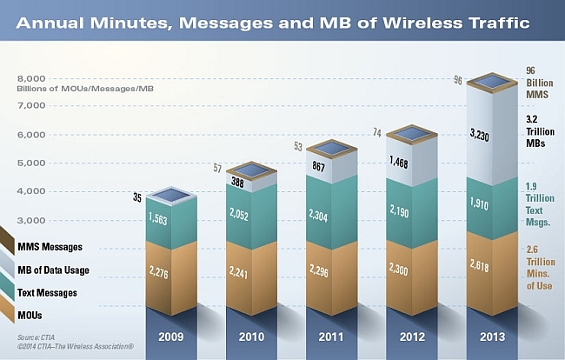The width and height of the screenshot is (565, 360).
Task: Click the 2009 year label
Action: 171,337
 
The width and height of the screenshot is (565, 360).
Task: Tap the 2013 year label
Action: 493,337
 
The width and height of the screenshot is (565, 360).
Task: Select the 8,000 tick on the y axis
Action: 31,78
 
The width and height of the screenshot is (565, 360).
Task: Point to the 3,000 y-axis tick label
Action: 31,220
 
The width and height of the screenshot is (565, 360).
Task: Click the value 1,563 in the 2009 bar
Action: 158,218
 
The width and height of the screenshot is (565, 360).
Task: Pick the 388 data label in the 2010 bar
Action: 237,183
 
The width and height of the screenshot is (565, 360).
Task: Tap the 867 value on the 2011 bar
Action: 318,166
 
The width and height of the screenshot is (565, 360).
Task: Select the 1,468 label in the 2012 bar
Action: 398,163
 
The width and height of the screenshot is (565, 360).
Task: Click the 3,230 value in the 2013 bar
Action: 479,135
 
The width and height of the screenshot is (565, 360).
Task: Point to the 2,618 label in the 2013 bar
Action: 479,265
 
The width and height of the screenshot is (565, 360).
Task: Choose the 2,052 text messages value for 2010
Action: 238,215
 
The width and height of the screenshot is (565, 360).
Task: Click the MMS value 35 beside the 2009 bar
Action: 137,197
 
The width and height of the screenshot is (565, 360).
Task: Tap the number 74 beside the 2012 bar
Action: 377,133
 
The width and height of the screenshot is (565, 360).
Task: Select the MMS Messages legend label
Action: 50,247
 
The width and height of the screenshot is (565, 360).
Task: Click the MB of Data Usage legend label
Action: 53,270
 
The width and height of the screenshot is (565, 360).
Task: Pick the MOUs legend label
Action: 30,316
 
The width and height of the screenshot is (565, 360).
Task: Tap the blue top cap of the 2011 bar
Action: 331,149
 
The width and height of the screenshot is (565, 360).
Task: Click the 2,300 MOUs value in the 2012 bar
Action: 398,268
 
